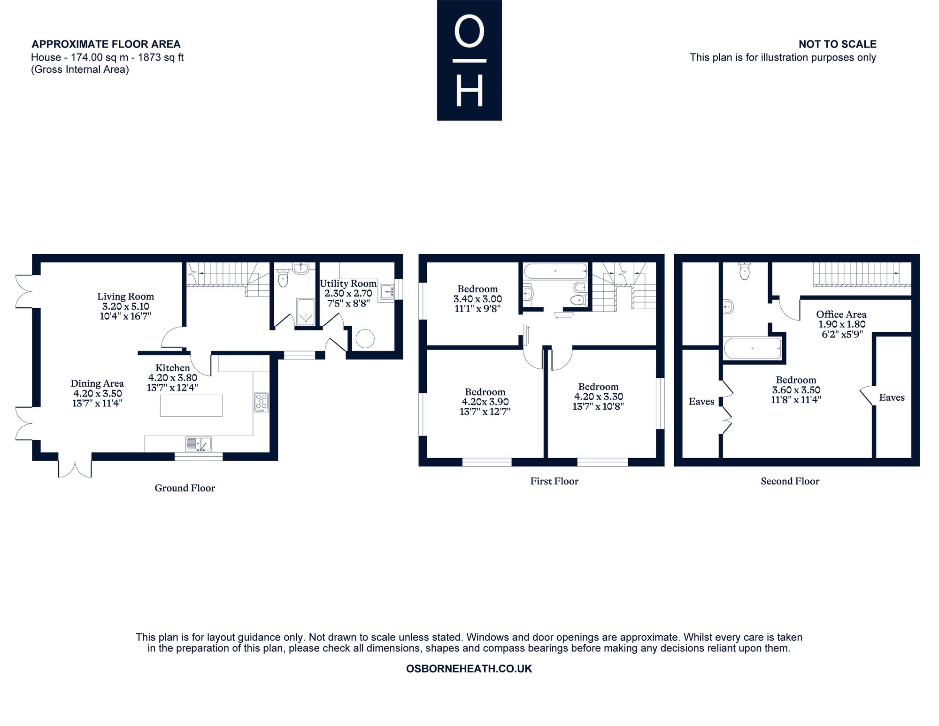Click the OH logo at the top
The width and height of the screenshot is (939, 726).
pos(469,60)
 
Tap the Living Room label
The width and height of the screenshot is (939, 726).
pos(125,297)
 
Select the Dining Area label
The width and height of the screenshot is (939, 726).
pos(97,383)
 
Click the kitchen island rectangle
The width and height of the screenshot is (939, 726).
pos(191,406)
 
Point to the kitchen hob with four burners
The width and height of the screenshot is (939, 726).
pos(262,402)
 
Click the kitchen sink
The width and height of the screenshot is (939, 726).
pos(199,444)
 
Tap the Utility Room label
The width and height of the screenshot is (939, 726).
pos(348,283)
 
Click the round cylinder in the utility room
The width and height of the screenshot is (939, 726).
pos(365,338)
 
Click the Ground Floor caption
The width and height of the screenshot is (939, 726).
pos(185,488)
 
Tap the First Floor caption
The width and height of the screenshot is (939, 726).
pos(554,481)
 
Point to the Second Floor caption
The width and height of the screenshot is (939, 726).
pos(790,481)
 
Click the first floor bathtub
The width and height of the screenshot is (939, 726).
pos(555,271)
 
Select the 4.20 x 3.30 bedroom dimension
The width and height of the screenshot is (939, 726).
pos(599,397)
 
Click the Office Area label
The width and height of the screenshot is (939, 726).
pos(841,314)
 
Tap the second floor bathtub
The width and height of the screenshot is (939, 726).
pos(753,348)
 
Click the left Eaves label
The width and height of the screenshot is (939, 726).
pos(701,401)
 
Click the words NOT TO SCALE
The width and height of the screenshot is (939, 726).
pos(838,44)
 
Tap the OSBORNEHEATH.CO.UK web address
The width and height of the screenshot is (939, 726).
pos(469,669)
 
